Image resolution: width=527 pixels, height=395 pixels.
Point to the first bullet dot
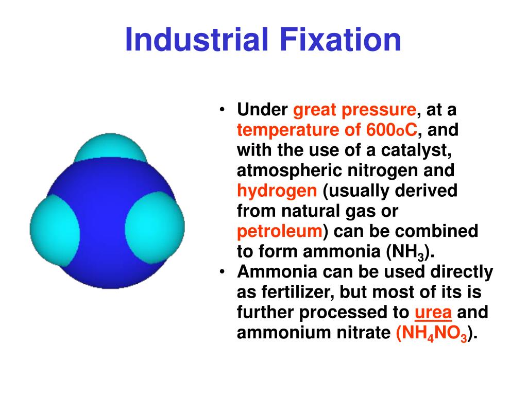click(x=222, y=110)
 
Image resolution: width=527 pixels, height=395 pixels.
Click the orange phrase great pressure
click(x=354, y=110)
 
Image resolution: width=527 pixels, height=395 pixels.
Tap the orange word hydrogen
click(x=277, y=191)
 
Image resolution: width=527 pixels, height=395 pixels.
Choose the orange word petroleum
click(x=280, y=231)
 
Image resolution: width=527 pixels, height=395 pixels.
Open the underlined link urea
click(x=433, y=313)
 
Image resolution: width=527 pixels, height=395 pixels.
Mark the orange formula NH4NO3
click(x=433, y=333)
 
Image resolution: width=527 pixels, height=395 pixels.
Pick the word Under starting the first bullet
click(x=263, y=110)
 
